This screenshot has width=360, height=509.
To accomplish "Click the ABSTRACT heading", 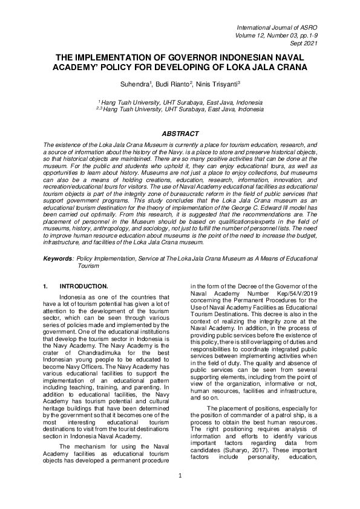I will click(x=180, y=134).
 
